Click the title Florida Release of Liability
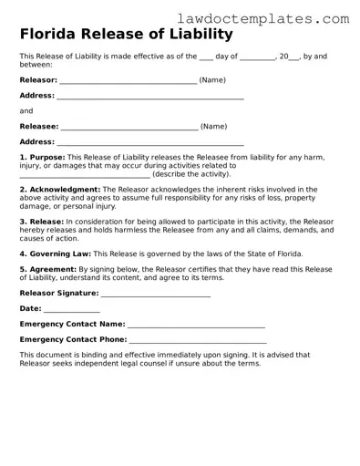126,35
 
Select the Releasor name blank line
128,81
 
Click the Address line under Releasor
149,97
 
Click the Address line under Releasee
149,143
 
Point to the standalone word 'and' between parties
26,111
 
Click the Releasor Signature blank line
155,295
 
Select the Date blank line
71,310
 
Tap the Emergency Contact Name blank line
196,326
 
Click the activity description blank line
85,174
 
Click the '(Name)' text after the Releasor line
212,80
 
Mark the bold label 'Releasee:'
39,127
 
